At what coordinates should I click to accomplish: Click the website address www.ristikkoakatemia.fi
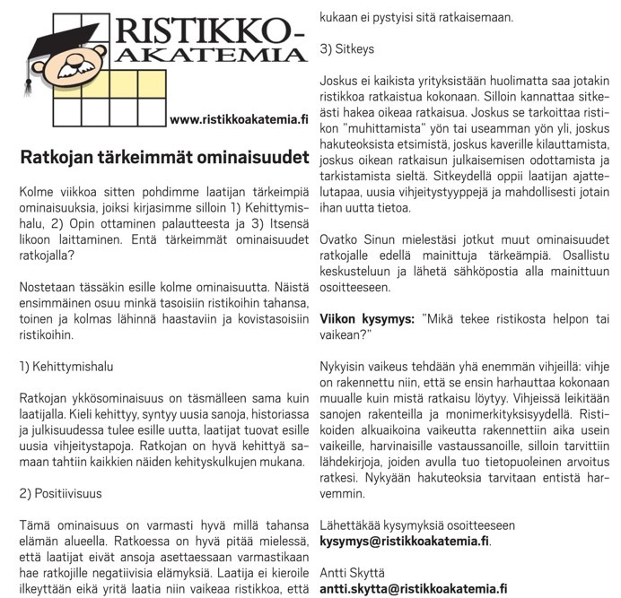click(238, 119)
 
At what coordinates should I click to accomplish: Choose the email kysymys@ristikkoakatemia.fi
click(405, 542)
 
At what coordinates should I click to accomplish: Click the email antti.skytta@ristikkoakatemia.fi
click(414, 589)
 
